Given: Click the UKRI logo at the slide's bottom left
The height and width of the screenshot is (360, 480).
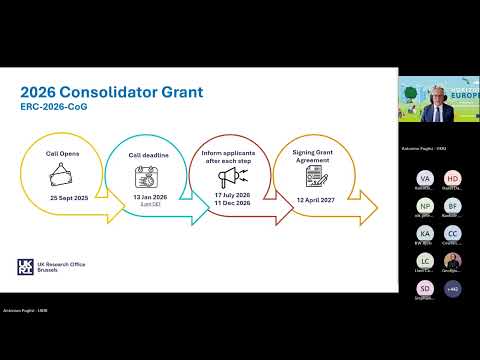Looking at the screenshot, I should click(27, 266).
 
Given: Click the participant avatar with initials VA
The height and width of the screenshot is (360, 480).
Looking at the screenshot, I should click(424, 177).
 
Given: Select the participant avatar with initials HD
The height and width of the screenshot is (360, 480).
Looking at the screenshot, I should click(452, 177).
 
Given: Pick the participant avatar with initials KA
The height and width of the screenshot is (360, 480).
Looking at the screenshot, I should click(424, 232).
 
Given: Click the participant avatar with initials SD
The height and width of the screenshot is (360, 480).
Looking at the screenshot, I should click(424, 288).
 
